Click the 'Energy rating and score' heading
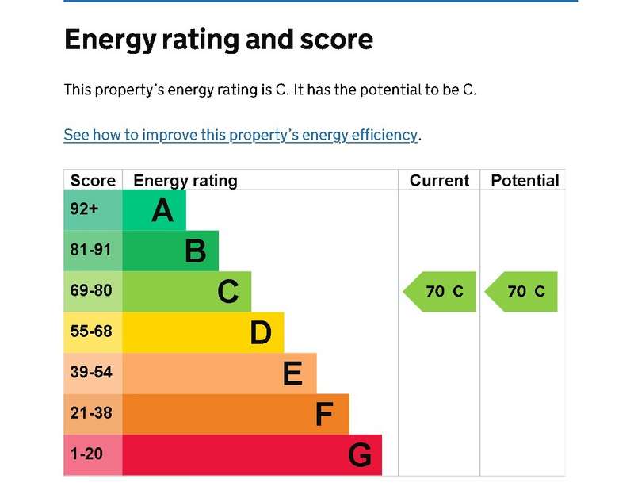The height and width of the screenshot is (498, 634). [x=219, y=40]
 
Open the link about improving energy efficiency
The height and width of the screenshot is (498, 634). [x=241, y=135]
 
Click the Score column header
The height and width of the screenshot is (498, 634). [x=93, y=181]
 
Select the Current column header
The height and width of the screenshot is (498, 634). [x=439, y=181]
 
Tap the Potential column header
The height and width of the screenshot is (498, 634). [x=525, y=181]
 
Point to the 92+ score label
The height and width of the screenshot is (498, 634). [x=84, y=209]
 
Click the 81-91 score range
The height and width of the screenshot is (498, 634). [x=90, y=250]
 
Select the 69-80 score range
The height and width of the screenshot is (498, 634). [x=91, y=290]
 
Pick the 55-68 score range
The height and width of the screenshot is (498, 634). [x=91, y=331]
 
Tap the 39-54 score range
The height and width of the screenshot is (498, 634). [x=91, y=372]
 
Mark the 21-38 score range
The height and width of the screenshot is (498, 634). [x=91, y=413]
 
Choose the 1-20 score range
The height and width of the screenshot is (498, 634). [x=86, y=454]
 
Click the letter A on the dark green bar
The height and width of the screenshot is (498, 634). [x=162, y=210]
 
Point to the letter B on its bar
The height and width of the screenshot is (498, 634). [x=196, y=251]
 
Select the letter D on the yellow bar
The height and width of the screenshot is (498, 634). [x=261, y=332]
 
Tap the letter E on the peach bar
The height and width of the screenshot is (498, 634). [x=292, y=373]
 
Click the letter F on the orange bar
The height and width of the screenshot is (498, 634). [x=324, y=414]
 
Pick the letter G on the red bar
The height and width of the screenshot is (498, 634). [x=360, y=455]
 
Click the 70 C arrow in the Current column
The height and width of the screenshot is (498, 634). [x=440, y=292]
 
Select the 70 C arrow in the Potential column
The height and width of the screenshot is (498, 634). [x=521, y=292]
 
